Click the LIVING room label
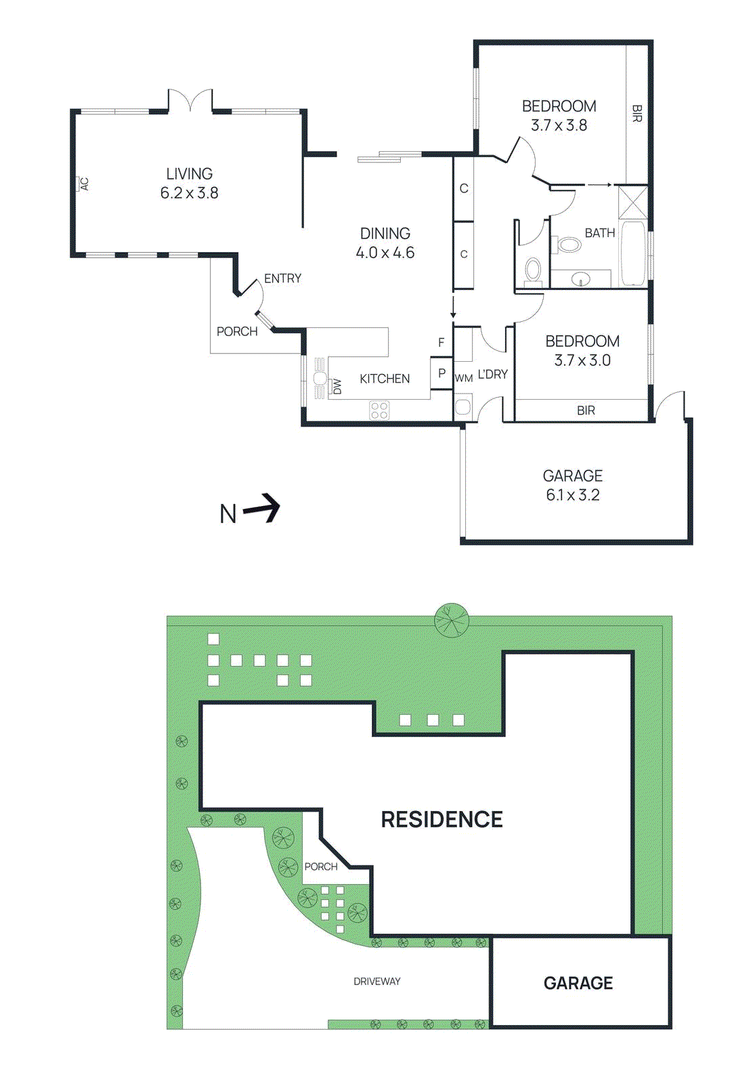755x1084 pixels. click(x=189, y=174)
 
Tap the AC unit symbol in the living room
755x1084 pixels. click(x=83, y=184)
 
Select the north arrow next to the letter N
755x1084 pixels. click(x=262, y=508)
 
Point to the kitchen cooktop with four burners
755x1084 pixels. click(x=379, y=410)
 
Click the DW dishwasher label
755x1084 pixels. click(x=337, y=386)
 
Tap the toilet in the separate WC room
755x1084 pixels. click(x=534, y=270)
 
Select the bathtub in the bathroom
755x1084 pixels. click(x=634, y=253)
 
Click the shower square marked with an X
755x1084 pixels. click(x=633, y=202)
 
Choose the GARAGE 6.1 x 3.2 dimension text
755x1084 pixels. click(x=572, y=495)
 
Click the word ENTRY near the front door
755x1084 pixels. click(x=282, y=278)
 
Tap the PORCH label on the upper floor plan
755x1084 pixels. click(x=237, y=331)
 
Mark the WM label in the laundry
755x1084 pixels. click(x=463, y=378)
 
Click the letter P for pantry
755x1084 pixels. click(x=441, y=373)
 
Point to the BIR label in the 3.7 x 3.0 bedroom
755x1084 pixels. click(x=586, y=411)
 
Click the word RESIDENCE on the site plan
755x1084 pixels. click(x=441, y=819)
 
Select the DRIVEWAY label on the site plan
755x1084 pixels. click(x=376, y=981)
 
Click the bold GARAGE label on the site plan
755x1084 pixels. click(x=578, y=983)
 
